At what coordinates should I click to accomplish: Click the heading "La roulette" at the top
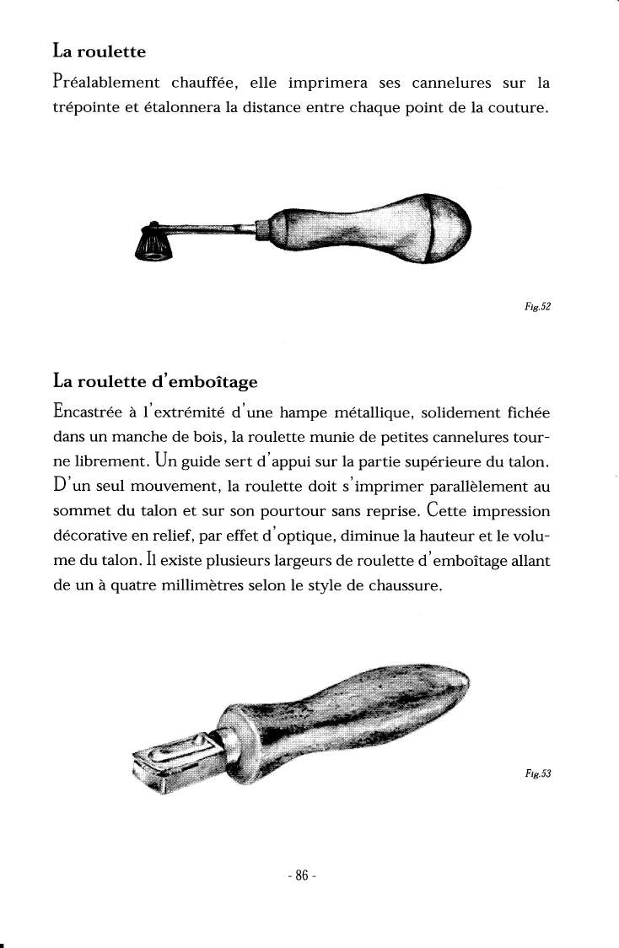[x=99, y=51]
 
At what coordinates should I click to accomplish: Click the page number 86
[x=301, y=875]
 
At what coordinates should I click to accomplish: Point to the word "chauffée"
[x=206, y=83]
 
